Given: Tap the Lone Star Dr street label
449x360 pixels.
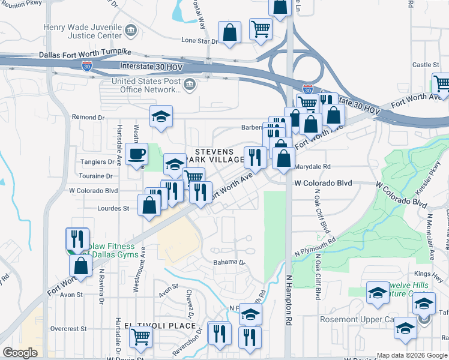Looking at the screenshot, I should tap(199, 41).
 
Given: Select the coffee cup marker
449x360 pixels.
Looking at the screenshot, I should tap(136, 154).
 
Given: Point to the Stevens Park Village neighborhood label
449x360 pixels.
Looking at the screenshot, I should tap(214, 155).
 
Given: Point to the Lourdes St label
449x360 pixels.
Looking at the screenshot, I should tap(113, 208).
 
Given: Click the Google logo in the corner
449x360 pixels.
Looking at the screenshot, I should tap(20, 353).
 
